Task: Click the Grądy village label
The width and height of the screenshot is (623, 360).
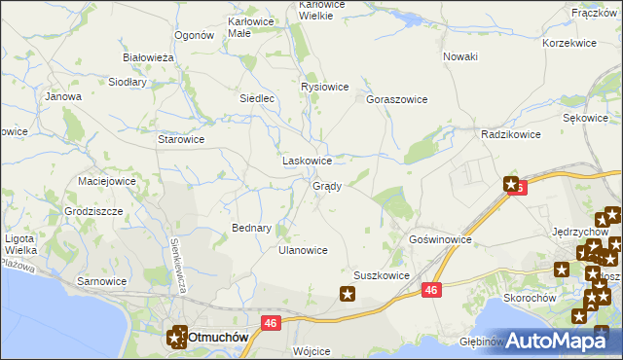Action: tap(326, 186)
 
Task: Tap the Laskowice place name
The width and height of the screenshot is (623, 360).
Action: tap(307, 161)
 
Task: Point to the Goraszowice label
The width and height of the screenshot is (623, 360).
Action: tap(397, 99)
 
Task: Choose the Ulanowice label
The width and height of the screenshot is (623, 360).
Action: tap(303, 250)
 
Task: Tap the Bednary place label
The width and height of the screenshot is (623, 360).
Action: tap(251, 228)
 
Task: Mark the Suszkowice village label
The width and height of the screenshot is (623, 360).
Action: tap(381, 275)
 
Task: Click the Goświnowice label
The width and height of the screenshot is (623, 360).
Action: tap(441, 238)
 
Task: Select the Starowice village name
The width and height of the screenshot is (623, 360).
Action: tap(181, 139)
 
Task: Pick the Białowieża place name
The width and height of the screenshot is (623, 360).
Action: tap(147, 58)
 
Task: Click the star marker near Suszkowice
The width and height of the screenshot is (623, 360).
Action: tap(348, 294)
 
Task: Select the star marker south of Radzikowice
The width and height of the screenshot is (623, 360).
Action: tap(511, 183)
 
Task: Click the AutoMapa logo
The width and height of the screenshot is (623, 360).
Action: tap(558, 340)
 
